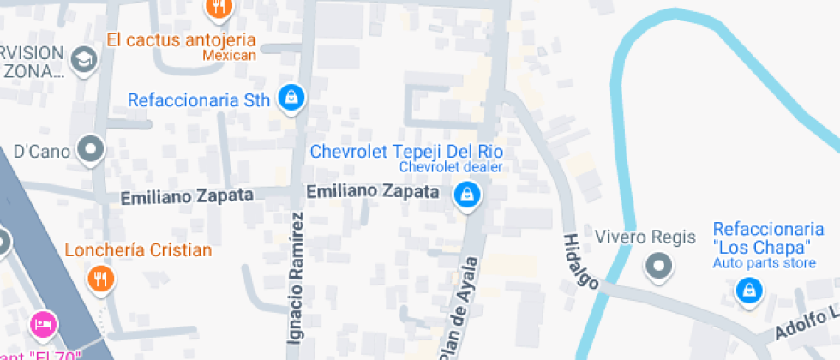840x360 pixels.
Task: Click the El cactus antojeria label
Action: click(181, 39)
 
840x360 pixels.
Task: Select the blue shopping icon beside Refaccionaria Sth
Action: click(292, 98)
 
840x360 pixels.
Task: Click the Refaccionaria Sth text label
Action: click(198, 100)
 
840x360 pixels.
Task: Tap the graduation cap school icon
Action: click(84, 59)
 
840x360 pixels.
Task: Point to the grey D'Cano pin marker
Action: click(90, 151)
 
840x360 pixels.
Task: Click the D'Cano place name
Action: click(41, 152)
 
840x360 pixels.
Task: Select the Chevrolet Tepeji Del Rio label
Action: click(405, 152)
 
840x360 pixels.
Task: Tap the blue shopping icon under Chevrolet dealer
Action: click(467, 195)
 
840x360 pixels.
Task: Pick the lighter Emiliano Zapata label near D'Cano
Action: click(187, 196)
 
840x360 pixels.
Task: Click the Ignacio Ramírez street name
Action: click(296, 279)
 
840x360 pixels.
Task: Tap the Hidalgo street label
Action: click(579, 260)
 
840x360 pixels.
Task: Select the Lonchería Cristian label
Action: click(138, 250)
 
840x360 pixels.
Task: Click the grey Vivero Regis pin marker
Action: click(658, 267)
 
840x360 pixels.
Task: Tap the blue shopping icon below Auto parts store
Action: click(749, 291)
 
